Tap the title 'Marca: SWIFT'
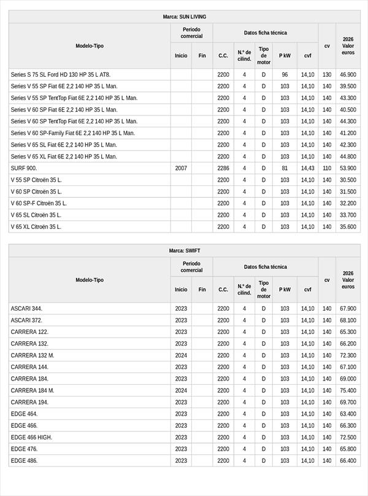click(x=185, y=250)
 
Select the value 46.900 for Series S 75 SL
click(x=348, y=74)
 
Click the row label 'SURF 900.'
click(x=24, y=168)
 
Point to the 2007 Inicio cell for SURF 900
click(x=181, y=168)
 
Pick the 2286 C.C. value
click(x=223, y=168)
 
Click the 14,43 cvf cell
click(x=307, y=168)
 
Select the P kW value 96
click(x=285, y=74)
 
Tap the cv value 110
click(x=327, y=168)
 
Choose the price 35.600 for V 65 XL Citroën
click(x=348, y=227)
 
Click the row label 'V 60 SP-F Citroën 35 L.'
click(x=39, y=203)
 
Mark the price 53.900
click(x=348, y=168)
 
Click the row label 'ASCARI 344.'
click(x=26, y=308)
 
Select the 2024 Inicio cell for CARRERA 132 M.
click(x=181, y=355)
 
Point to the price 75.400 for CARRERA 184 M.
click(x=348, y=390)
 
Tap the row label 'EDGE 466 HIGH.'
click(x=31, y=437)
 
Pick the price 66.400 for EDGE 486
click(x=348, y=460)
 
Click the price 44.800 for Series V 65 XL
click(x=348, y=157)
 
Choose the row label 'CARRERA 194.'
click(x=29, y=402)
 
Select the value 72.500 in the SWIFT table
click(x=348, y=437)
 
